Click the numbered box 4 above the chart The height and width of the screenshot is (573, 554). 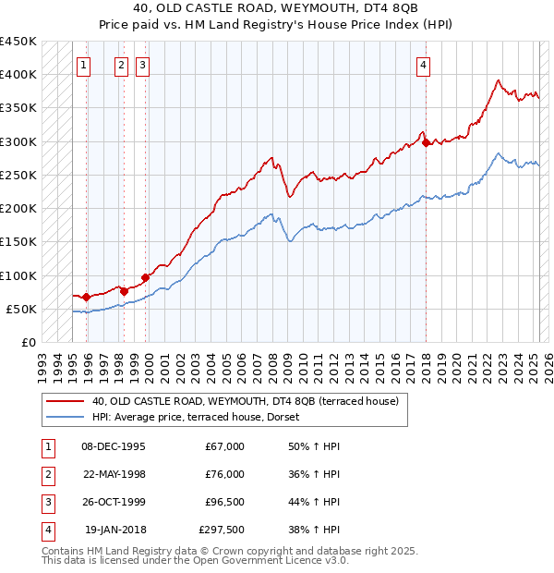(423, 65)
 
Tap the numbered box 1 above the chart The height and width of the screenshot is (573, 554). (84, 65)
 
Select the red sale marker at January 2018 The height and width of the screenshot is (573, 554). (426, 142)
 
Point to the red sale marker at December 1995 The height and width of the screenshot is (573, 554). (86, 297)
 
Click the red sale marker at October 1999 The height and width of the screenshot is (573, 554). (146, 277)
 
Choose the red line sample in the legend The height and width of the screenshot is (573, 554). (64, 401)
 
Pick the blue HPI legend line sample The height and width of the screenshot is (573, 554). (64, 417)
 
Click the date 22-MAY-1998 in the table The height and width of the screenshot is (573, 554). (114, 474)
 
